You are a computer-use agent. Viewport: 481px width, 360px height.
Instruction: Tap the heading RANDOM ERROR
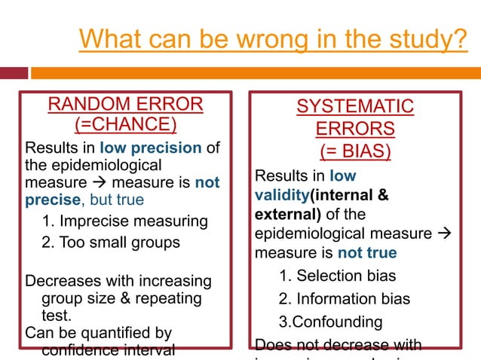(x=125, y=104)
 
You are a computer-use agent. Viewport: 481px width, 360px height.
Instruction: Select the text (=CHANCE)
(x=125, y=124)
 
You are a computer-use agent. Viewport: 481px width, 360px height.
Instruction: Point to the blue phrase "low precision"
(x=152, y=148)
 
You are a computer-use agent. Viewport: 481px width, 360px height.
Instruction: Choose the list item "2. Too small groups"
(x=112, y=243)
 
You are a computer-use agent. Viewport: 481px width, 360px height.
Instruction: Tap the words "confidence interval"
(x=109, y=349)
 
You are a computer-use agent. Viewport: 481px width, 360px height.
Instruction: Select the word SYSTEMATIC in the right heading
(x=355, y=106)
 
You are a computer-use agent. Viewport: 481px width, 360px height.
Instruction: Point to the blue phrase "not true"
(x=367, y=252)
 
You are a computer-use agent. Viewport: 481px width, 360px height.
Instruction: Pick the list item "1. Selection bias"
(x=337, y=276)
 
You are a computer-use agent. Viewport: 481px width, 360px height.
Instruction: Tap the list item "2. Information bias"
(x=345, y=299)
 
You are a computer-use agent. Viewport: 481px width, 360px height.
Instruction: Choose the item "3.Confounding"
(x=330, y=322)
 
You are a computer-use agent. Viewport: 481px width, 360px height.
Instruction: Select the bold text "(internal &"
(x=351, y=196)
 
